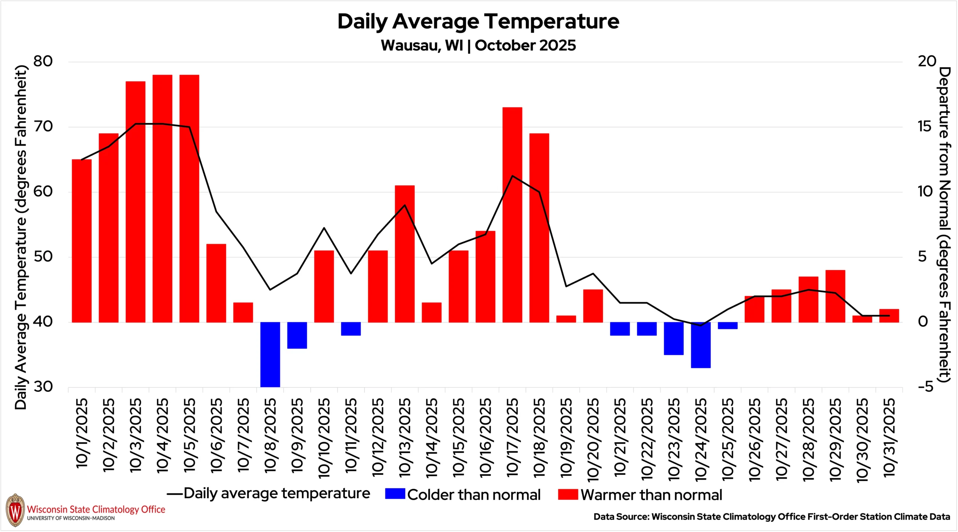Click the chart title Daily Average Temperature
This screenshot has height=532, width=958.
click(x=478, y=21)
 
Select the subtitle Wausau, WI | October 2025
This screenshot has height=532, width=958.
click(x=478, y=45)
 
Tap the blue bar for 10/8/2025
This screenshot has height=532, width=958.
click(x=270, y=354)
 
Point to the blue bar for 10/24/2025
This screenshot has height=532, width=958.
click(x=701, y=345)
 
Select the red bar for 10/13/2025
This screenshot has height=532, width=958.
click(x=405, y=254)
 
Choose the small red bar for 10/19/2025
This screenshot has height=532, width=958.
click(x=566, y=319)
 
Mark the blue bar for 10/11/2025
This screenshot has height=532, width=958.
click(x=351, y=329)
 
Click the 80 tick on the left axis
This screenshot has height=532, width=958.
click(x=43, y=61)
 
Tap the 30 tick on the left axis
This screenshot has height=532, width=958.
click(x=43, y=387)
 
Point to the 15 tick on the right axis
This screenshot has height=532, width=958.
click(x=924, y=126)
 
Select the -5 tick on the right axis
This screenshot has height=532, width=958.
click(x=922, y=387)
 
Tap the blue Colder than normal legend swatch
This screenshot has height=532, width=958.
click(x=395, y=494)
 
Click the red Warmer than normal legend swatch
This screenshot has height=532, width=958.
click(x=568, y=495)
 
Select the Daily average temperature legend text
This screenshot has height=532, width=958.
click(x=277, y=494)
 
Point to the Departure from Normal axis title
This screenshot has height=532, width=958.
click(x=945, y=225)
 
